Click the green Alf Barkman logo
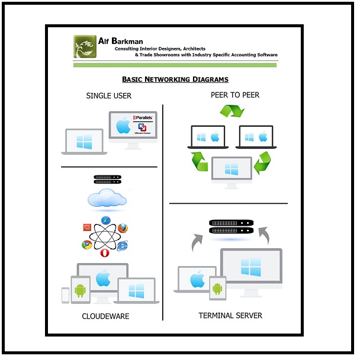click(85, 47)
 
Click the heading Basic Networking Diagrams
click(175, 79)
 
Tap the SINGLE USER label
click(109, 95)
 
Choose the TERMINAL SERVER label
click(230, 315)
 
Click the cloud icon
click(107, 199)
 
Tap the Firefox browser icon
click(123, 228)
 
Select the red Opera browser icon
click(105, 253)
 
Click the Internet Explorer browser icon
click(123, 245)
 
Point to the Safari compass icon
click(107, 220)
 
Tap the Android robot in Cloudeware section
click(81, 290)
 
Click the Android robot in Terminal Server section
click(217, 289)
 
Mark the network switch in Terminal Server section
click(231, 226)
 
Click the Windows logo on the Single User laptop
click(84, 142)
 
